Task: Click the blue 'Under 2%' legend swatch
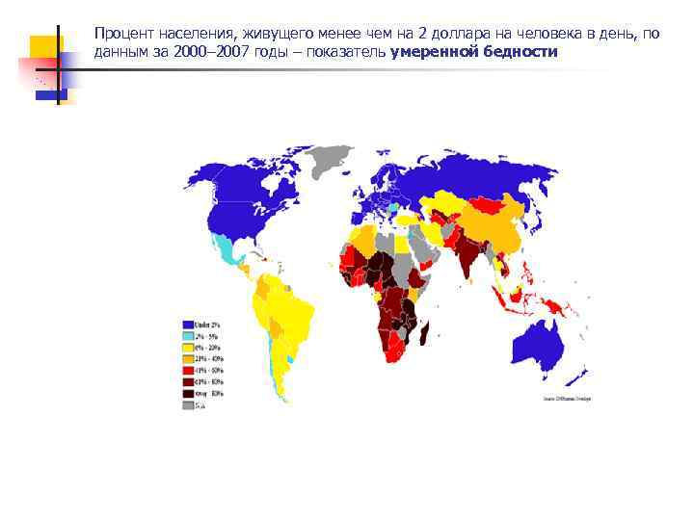(187, 325)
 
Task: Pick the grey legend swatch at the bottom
(187, 405)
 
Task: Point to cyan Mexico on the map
(227, 250)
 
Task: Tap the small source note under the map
(567, 398)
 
